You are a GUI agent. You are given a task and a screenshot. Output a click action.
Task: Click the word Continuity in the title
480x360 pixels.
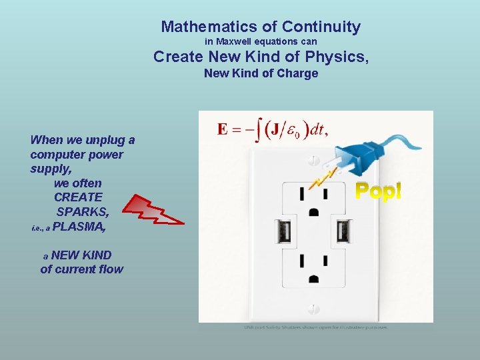321,27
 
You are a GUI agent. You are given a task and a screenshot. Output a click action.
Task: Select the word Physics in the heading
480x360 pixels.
339,57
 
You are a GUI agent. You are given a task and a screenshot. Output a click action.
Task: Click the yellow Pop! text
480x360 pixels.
378,191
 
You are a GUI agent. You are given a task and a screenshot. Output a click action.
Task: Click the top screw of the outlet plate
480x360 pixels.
313,161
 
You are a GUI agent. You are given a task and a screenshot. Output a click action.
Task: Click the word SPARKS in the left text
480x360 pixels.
83,212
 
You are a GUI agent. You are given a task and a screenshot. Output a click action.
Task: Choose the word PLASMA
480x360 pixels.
79,227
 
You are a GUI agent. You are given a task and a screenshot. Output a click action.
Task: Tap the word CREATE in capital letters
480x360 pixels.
78,197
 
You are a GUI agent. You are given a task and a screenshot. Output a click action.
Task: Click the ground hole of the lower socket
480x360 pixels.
313,278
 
